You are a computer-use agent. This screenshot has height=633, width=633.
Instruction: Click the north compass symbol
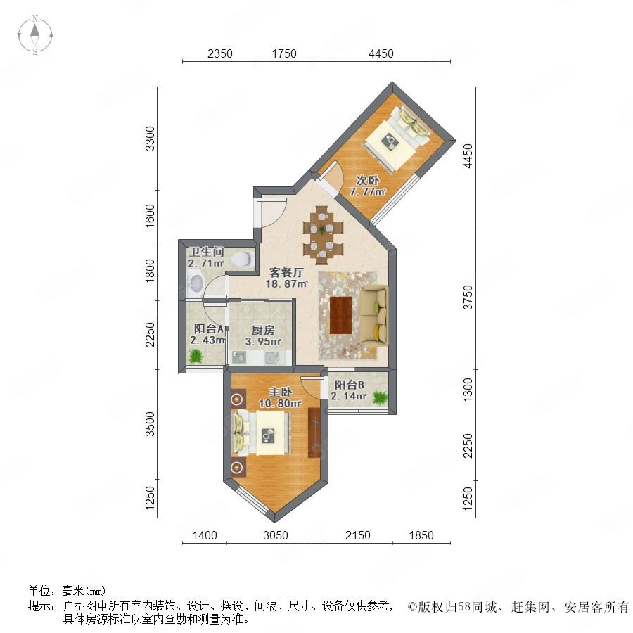point(35,35)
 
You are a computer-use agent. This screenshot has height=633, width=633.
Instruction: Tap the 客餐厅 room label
point(286,272)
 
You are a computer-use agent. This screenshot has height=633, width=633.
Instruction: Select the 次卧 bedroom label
point(367,180)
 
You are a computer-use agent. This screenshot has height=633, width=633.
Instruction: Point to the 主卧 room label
point(281,392)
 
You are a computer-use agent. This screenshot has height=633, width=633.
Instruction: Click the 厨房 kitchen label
point(263,331)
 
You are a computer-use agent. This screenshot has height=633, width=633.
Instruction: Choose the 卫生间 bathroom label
point(206,252)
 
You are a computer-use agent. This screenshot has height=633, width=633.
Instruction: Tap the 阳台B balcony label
point(349,385)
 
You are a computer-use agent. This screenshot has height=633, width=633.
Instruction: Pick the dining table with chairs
point(323,236)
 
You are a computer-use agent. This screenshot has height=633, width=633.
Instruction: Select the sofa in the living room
point(374,315)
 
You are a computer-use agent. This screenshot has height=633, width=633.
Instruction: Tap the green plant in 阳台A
point(196,356)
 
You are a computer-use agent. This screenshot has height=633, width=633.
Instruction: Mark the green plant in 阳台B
point(380,397)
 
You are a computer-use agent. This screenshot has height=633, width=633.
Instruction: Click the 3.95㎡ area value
point(263,342)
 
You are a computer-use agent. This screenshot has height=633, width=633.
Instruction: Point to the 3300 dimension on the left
point(150,139)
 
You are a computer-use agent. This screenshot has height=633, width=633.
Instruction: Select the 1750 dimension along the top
point(284,53)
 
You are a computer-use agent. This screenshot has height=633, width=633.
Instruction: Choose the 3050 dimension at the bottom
point(276,536)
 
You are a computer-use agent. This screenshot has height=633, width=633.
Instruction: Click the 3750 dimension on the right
point(468,298)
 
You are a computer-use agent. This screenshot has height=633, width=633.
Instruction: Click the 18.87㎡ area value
point(287,284)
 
